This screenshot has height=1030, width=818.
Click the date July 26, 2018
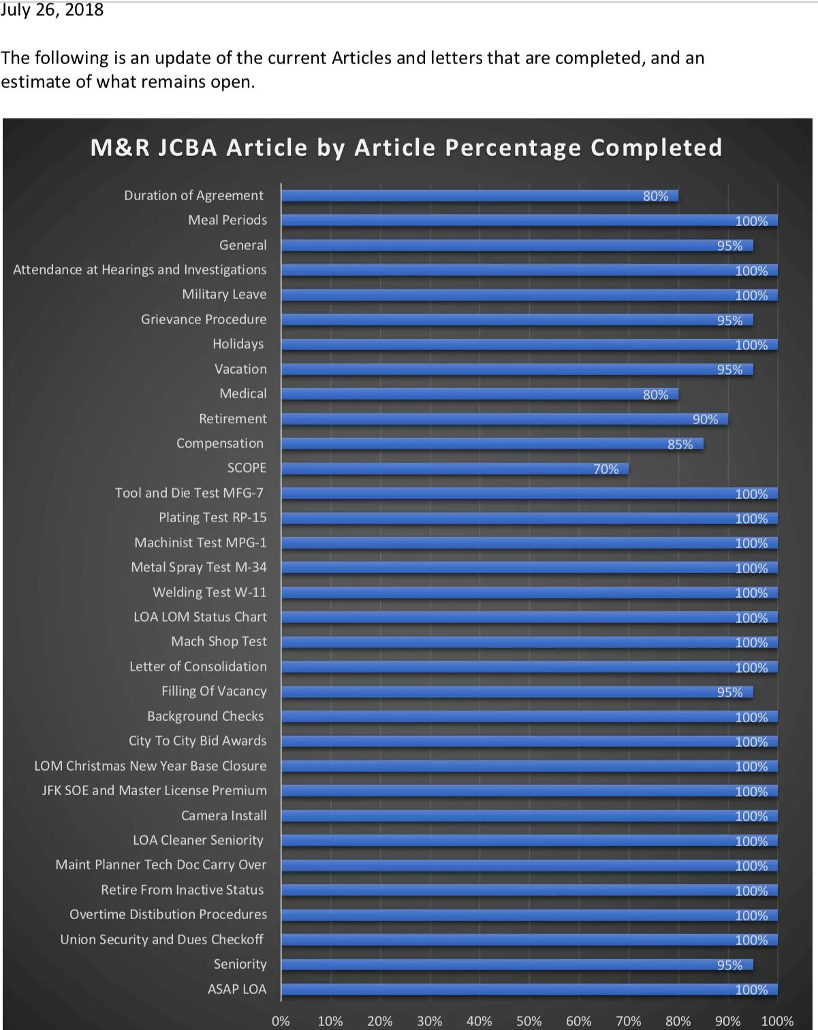(52, 10)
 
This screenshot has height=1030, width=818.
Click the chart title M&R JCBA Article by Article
(406, 148)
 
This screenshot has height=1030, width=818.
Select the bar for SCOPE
(454, 468)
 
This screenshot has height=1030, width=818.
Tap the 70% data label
(605, 469)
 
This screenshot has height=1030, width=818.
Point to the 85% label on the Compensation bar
(680, 445)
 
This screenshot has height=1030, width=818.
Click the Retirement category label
(232, 419)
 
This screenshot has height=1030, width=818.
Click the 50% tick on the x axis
(529, 1021)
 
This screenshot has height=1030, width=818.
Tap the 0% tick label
(281, 1021)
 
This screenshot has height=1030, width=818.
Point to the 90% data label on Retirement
(705, 419)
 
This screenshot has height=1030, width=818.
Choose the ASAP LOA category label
(236, 989)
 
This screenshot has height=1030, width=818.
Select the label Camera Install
(223, 816)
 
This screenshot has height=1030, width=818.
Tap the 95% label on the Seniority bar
(729, 965)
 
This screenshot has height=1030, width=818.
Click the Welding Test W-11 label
(209, 592)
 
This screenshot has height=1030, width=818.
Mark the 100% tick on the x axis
(776, 1021)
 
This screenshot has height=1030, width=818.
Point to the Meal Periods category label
(227, 220)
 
